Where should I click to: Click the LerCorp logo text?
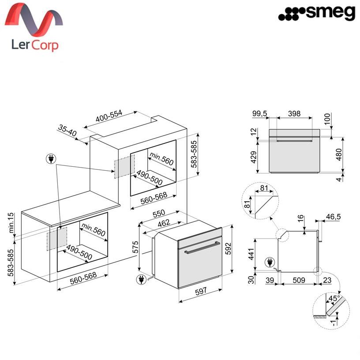35,45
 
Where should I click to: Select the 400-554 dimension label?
109,116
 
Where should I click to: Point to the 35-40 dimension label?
67,131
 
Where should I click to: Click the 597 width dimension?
201,291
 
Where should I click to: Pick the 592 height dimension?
228,249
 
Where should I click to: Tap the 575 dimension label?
135,247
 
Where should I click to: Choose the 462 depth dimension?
164,223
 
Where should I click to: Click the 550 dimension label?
159,214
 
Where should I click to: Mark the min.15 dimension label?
11,223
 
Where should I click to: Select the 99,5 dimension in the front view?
260,113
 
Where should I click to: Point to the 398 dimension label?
294,113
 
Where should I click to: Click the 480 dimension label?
339,154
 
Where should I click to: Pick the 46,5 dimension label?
334,217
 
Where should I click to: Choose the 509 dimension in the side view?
299,280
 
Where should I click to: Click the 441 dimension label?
251,254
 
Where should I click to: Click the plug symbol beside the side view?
270,262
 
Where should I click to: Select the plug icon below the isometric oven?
142,280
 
